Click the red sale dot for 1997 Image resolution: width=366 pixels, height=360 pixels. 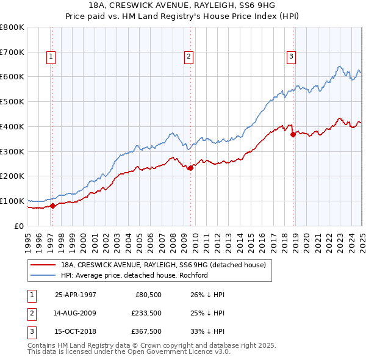point(52,206)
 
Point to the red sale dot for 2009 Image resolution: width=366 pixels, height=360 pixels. point(190,168)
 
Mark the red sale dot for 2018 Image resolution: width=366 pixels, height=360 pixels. point(293,134)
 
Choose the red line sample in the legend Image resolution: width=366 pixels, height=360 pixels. point(42,265)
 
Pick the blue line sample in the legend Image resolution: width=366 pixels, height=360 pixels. point(42,275)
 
